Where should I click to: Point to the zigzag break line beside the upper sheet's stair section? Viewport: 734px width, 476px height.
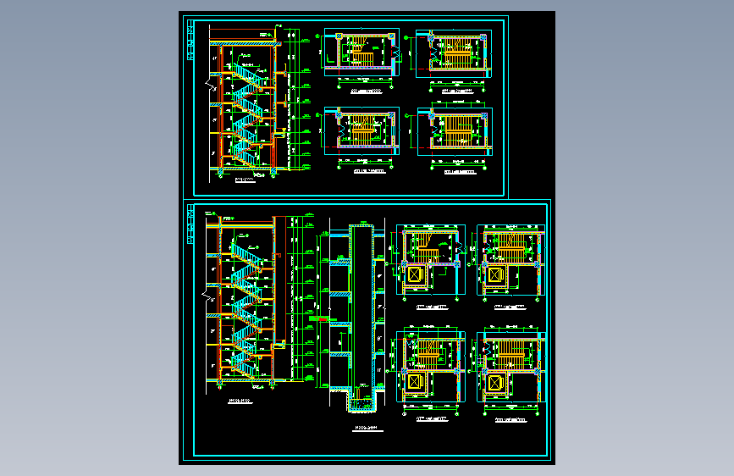tap(208, 85)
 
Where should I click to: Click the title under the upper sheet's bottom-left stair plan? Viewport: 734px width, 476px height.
tap(366, 170)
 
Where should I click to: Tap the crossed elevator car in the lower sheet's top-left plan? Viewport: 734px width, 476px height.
tap(416, 275)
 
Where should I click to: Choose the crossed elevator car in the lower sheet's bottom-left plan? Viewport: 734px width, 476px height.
tap(416, 384)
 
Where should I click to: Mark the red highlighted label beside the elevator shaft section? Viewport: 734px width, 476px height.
tap(325, 318)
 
